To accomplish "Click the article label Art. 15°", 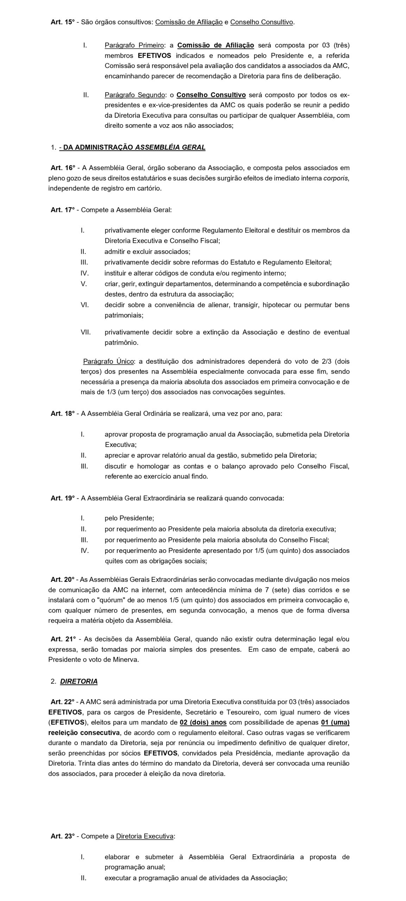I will coord(63,22).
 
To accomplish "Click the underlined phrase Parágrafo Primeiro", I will coord(134,45).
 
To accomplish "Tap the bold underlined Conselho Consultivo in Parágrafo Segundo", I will coord(211,95).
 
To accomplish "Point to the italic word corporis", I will coord(336,178).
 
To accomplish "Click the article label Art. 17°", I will coord(63,210).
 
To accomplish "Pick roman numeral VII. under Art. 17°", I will coord(85,332).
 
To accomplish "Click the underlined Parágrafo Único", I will coord(108,361).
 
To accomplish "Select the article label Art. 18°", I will coord(63,414).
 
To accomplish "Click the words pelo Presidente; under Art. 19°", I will coord(129,518).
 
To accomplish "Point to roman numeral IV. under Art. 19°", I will coord(84,550).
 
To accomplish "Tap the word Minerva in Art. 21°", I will coord(126,660).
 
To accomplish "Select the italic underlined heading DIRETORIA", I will coord(79,681).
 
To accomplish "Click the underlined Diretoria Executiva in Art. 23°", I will coord(145,836).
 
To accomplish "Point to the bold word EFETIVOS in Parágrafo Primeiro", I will coord(154,56).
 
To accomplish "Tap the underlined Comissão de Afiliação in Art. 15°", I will coord(189,22).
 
